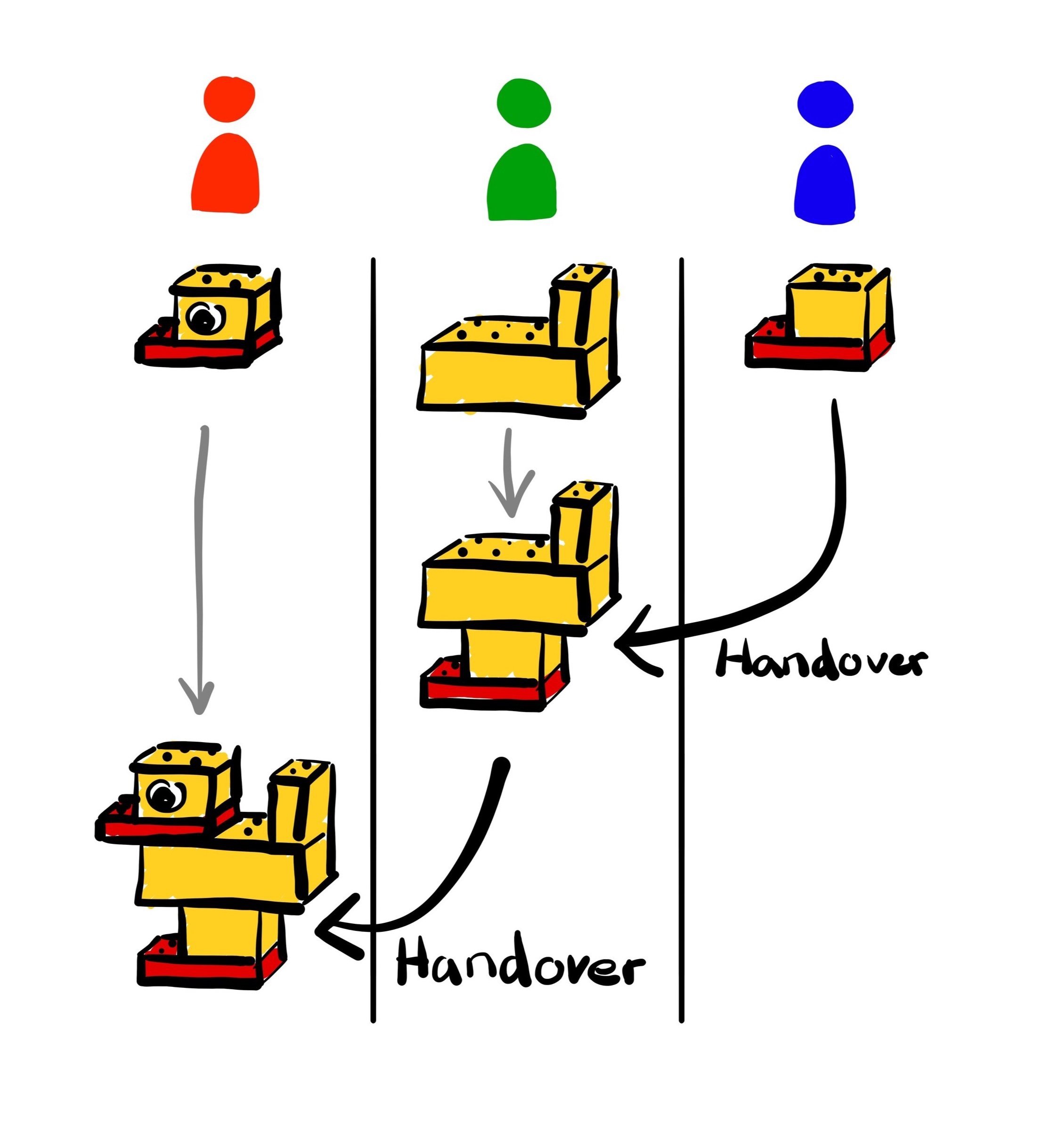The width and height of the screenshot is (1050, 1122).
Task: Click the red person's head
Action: point(229,101)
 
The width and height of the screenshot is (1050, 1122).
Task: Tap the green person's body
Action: point(521,184)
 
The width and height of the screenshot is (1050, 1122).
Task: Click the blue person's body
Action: point(825,186)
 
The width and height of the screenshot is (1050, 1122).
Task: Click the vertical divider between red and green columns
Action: point(373,621)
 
